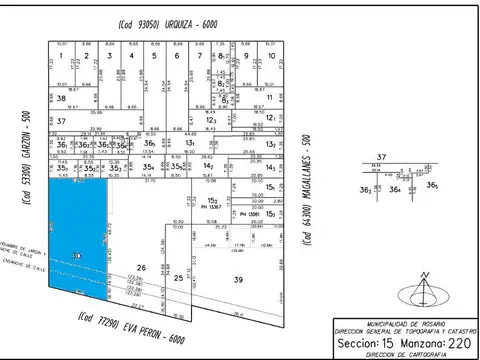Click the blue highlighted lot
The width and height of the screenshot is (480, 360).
point(80,235)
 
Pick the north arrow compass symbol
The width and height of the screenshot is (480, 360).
point(424,291)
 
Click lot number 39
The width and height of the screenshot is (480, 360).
point(238,281)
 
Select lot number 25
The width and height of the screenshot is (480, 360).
point(178,277)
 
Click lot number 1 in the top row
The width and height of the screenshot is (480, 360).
point(61,56)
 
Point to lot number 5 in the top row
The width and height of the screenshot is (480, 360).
point(153,56)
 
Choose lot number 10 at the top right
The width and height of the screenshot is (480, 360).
point(268,56)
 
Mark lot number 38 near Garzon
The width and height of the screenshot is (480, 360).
point(61,99)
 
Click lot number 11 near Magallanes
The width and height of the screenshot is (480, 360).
point(269,98)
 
